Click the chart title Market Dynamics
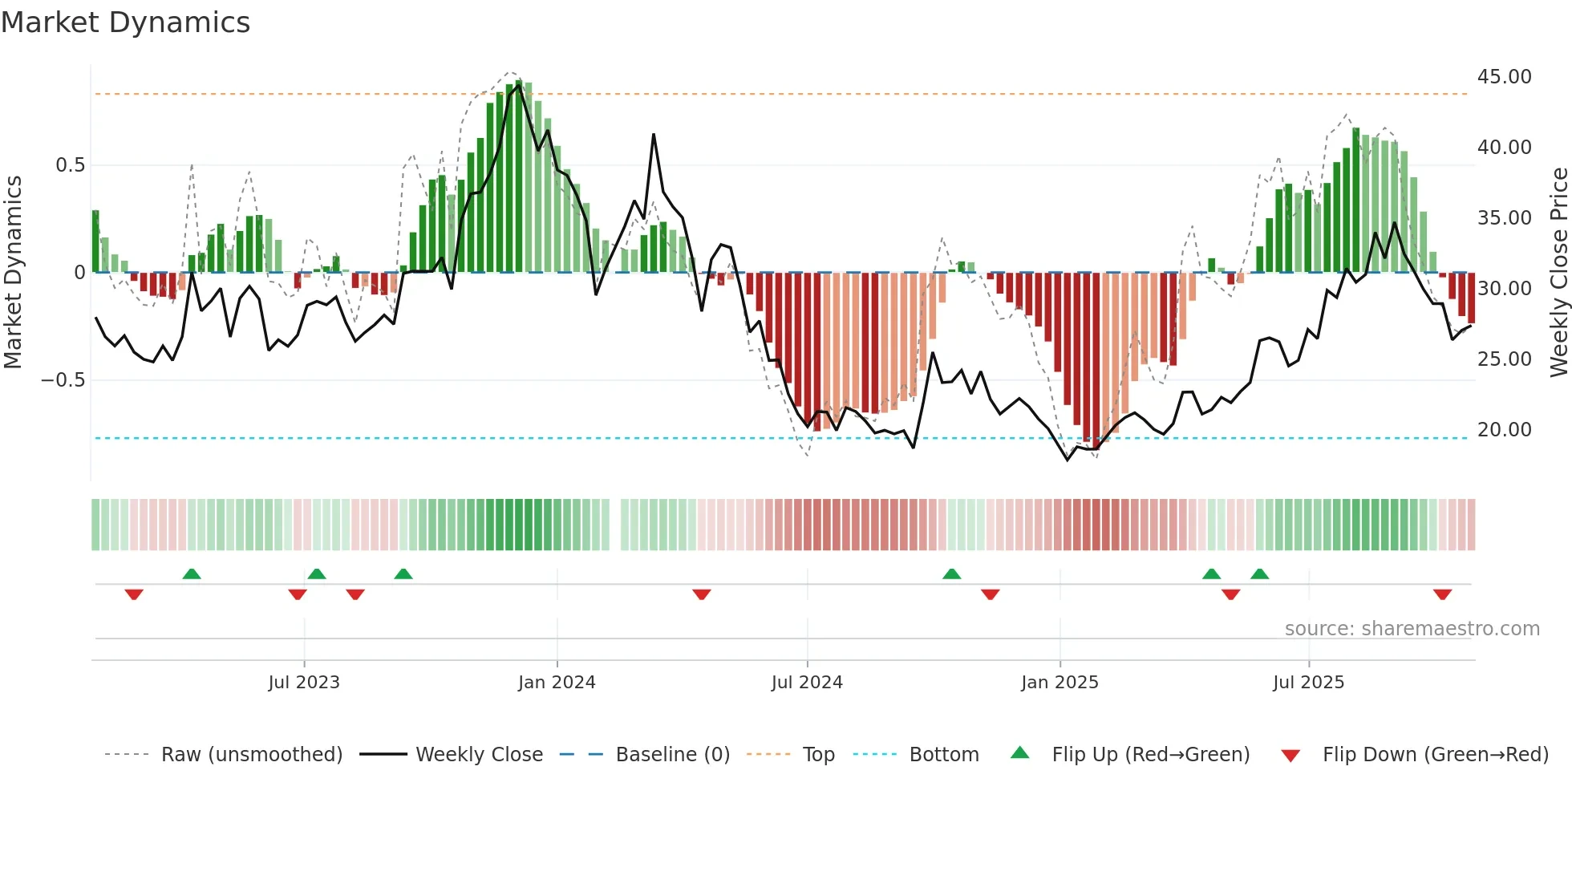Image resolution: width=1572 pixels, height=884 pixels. tap(125, 22)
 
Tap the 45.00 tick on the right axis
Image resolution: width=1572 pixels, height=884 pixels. tap(1504, 77)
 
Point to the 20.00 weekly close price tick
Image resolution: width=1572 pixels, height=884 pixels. tap(1504, 430)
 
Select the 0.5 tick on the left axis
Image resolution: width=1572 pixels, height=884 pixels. tap(70, 165)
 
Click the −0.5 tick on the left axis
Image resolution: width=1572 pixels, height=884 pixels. tap(63, 380)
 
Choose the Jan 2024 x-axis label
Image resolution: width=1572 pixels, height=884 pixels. tap(557, 683)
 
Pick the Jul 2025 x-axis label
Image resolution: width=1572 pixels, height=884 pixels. tap(1308, 683)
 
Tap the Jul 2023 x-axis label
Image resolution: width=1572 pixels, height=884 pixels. tap(304, 683)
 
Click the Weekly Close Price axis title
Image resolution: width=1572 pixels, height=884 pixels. tap(1558, 273)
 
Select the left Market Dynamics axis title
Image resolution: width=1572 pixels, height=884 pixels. tap(13, 273)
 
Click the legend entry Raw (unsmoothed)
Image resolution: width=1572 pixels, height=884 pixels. tap(251, 755)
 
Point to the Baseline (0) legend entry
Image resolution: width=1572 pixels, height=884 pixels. tap(672, 755)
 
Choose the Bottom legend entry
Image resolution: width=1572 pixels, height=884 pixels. tap(943, 755)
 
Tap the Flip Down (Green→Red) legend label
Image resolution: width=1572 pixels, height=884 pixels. tap(1435, 755)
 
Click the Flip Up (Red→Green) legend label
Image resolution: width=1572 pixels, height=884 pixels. tap(1150, 755)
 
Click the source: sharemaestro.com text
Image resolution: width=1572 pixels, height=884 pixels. tap(1412, 629)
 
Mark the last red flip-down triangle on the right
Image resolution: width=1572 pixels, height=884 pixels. tap(1442, 594)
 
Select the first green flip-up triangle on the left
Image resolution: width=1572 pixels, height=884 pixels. tap(192, 574)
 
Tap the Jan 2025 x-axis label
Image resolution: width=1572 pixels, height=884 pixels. tap(1059, 683)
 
